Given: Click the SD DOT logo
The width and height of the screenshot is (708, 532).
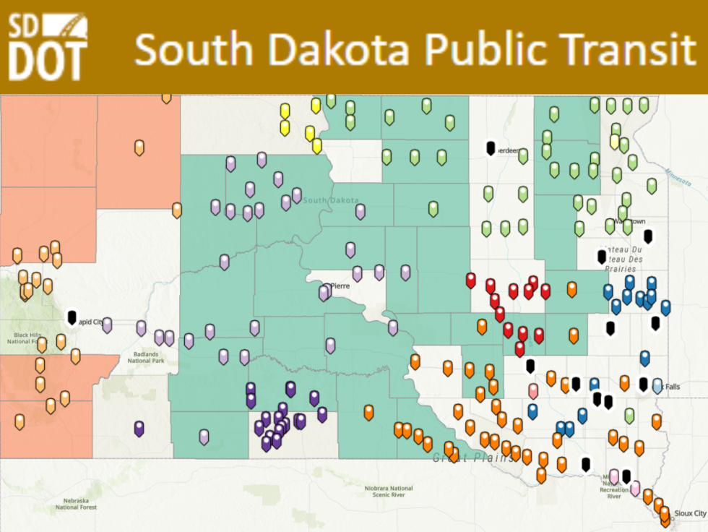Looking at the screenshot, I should tap(48, 46).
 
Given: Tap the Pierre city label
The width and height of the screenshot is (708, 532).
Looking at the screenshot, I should tap(340, 286).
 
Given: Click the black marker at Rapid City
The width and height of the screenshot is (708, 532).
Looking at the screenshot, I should tap(72, 317).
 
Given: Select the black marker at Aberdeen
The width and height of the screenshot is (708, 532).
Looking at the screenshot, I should tap(491, 147).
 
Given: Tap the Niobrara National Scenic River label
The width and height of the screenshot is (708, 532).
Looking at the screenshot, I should tap(389, 492).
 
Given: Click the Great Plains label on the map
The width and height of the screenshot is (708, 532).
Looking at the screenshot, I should tap(473, 458).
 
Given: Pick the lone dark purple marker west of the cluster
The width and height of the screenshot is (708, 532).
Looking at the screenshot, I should tap(139, 428).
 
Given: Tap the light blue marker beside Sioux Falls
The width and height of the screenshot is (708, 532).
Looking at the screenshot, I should tap(657, 385).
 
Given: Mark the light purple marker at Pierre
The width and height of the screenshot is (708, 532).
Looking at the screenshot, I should tap(324, 292).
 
